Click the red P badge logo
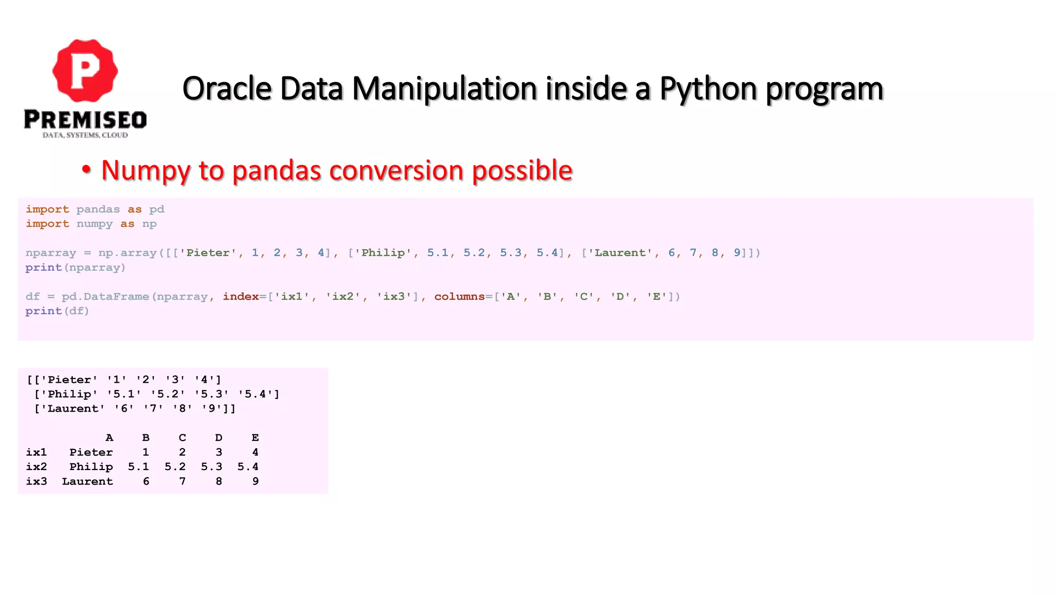click(x=85, y=70)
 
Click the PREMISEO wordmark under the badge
click(x=85, y=120)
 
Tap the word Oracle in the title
click(x=227, y=88)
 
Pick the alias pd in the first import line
click(x=156, y=209)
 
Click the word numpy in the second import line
click(x=94, y=224)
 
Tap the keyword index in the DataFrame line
click(x=241, y=296)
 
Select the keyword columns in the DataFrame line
click(x=459, y=296)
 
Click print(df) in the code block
click(x=57, y=311)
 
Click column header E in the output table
click(x=255, y=437)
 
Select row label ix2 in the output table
click(x=36, y=466)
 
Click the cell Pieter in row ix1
click(x=91, y=452)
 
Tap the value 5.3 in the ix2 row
click(x=212, y=466)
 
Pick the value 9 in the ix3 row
click(x=255, y=481)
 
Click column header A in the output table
click(x=109, y=437)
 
